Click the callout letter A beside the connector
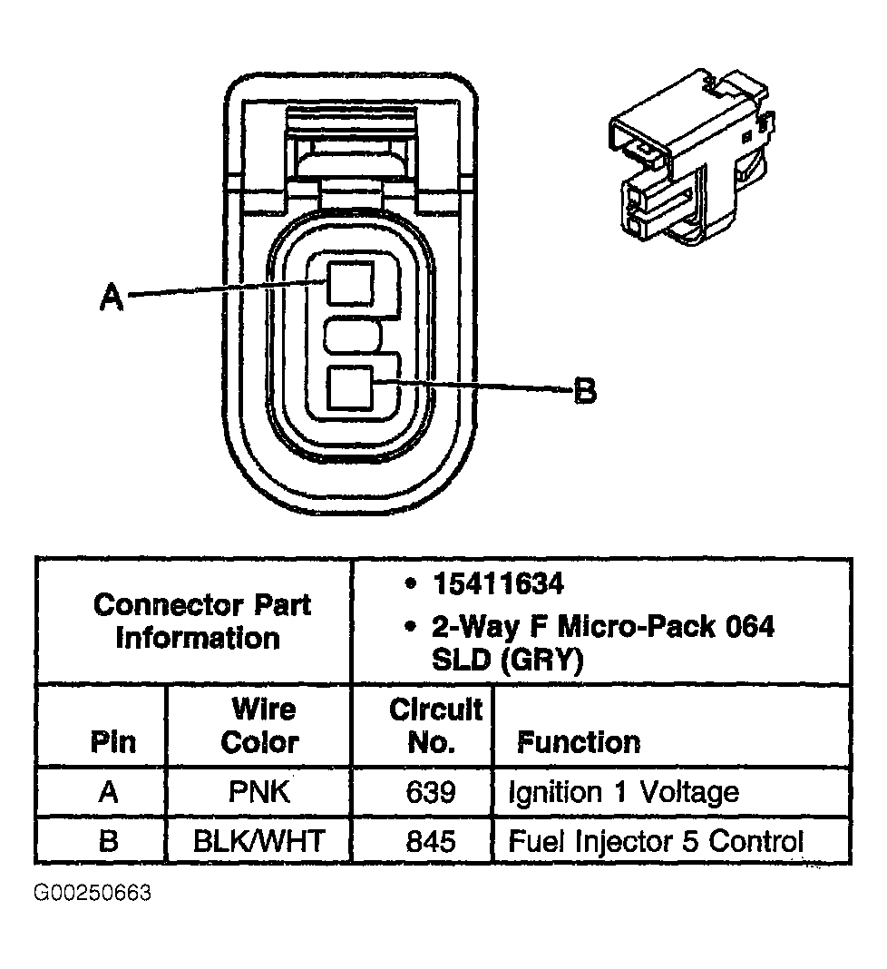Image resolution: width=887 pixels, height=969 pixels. point(112,296)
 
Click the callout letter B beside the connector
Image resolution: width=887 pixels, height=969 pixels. point(586,391)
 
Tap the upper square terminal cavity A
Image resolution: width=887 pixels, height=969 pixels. point(350,284)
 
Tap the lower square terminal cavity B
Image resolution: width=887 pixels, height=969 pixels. point(350,389)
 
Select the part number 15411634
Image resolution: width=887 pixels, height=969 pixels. point(498,584)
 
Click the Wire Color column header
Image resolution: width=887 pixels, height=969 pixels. point(259,725)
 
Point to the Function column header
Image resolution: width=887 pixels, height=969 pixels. point(578,742)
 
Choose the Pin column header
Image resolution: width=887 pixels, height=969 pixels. point(112,742)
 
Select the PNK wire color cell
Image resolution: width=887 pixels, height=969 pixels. point(259,792)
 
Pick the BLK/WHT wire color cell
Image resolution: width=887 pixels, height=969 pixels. point(259,840)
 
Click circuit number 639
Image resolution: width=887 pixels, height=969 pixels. point(431,792)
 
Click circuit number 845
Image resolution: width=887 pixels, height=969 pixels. point(431,840)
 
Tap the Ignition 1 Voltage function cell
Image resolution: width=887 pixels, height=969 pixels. point(623,792)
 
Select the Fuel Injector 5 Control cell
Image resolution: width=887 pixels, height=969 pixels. point(655,840)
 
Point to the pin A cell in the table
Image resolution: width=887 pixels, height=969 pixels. point(109,792)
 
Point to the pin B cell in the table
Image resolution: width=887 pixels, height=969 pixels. point(109,840)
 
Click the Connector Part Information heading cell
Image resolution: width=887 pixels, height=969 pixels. point(200,621)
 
